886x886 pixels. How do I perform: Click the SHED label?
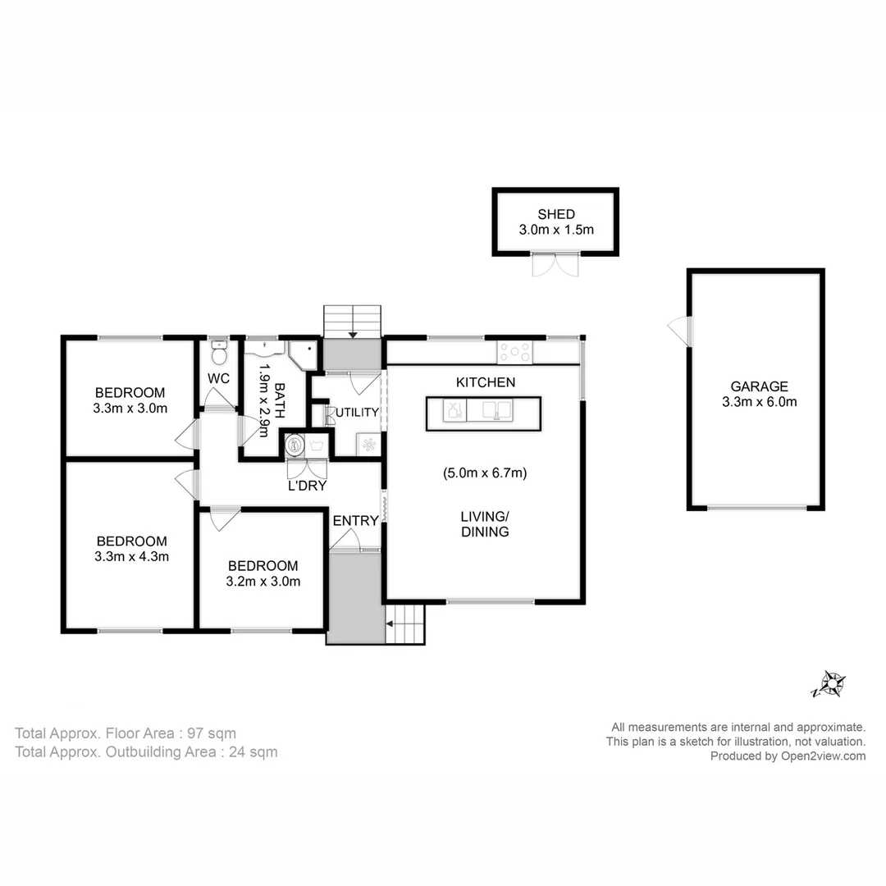point(555,214)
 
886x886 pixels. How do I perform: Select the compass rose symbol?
point(830,683)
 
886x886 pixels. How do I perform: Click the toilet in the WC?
point(217,354)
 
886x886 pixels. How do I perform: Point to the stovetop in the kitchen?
point(515,353)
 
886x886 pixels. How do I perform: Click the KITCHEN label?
point(486,382)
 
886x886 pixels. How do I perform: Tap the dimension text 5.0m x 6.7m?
point(485,473)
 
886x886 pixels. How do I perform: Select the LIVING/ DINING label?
point(484,523)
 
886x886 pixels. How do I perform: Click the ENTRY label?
point(355,520)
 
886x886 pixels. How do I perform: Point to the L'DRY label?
point(308,486)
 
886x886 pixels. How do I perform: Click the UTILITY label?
point(357,412)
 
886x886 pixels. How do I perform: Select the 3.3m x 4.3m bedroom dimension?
point(131,556)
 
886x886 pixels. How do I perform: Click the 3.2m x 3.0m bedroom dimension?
point(263,582)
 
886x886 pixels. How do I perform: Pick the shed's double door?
point(555,265)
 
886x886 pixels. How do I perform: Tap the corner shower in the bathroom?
point(301,355)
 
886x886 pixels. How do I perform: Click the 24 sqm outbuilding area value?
point(253,751)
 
